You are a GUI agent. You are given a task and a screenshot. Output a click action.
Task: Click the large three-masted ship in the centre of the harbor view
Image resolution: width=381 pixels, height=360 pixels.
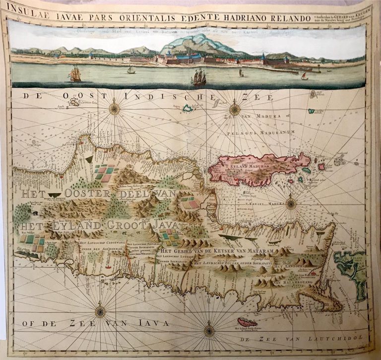199,77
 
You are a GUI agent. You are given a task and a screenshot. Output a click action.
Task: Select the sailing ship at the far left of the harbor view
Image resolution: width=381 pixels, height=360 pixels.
75,74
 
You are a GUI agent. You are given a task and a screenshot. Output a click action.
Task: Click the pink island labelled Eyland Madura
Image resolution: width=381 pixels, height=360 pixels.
258,169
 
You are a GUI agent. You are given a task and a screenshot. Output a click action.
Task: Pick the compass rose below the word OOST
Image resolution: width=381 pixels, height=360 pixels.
115,108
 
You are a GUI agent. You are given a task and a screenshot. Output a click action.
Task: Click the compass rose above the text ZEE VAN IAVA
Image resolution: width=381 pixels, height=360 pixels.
100,312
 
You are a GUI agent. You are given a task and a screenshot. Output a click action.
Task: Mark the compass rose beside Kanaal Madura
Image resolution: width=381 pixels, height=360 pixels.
291,203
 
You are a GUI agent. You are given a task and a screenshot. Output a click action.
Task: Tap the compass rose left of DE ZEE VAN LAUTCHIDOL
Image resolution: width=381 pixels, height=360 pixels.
209,329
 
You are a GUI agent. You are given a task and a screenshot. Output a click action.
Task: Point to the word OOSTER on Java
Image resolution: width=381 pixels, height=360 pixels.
95,194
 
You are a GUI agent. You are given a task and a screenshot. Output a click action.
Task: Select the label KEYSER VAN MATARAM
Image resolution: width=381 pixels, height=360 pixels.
228,251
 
